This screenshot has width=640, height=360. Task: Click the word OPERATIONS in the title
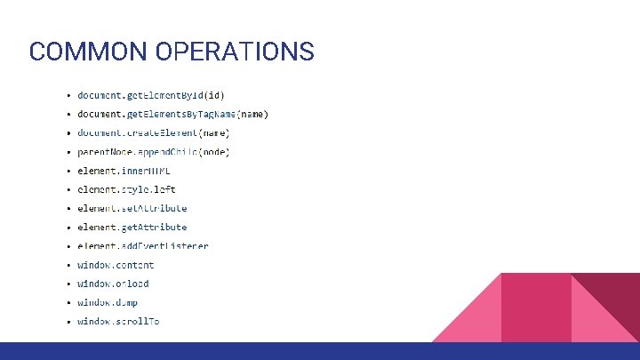[234, 52]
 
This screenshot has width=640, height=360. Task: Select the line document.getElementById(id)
[150, 94]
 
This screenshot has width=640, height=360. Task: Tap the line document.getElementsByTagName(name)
[172, 114]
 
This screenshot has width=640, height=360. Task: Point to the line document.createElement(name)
[153, 132]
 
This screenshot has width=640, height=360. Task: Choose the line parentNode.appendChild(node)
[153, 152]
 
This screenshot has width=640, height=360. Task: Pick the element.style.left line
[125, 189]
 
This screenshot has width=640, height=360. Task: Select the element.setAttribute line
[132, 208]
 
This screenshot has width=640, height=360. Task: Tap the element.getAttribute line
[132, 228]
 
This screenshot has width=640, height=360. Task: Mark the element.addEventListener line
[142, 245]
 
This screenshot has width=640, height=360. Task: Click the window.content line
[116, 265]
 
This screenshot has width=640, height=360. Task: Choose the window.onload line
[113, 284]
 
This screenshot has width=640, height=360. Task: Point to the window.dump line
[107, 302]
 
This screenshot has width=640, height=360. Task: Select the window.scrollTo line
[118, 321]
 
